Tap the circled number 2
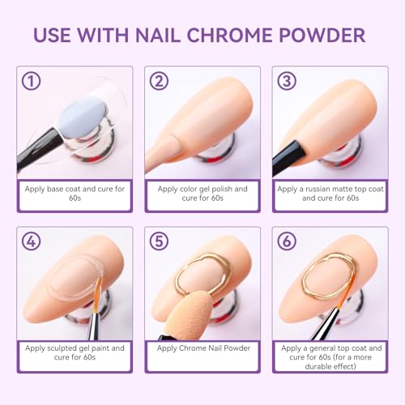coord(158,81)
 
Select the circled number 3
coord(285,81)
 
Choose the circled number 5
coord(158,241)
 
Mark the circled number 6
coord(285,241)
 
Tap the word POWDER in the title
coord(319,35)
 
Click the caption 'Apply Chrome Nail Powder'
coord(202,347)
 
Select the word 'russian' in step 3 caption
coord(321,187)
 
